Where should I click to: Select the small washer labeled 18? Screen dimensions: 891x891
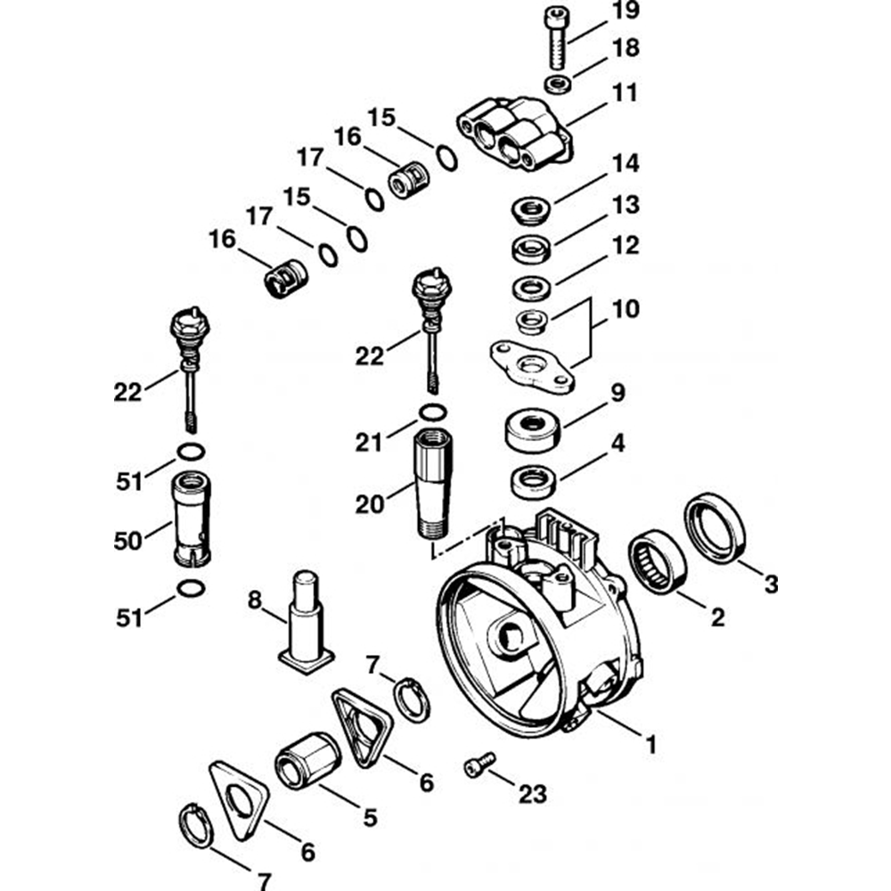(558, 85)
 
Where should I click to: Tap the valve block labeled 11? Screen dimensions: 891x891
(513, 134)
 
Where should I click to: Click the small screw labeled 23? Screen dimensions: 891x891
(479, 764)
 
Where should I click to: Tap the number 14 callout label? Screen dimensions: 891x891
(625, 165)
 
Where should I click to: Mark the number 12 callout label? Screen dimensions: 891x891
(625, 245)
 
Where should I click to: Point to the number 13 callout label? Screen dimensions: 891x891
(625, 205)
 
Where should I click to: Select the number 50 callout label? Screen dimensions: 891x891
(127, 541)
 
